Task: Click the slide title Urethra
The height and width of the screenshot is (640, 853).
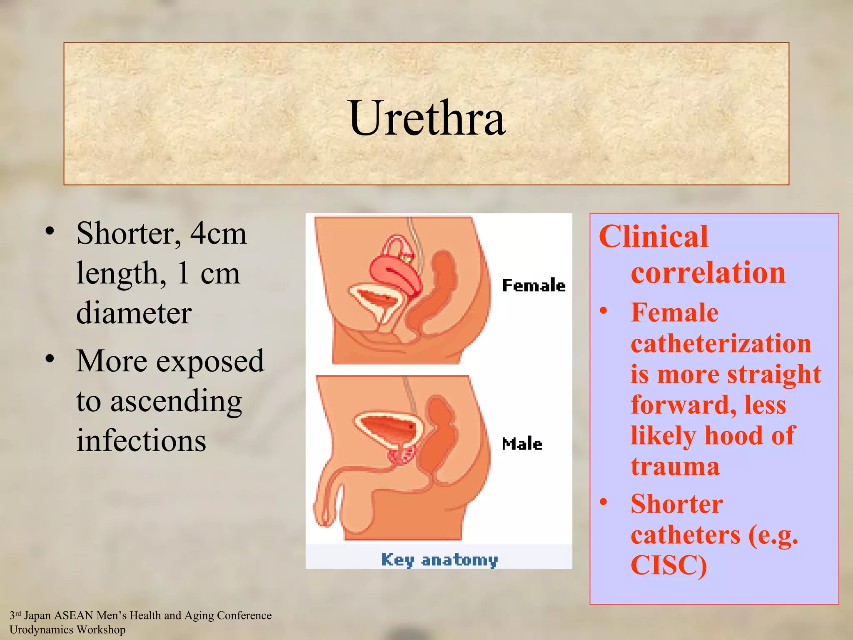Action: pyautogui.click(x=427, y=118)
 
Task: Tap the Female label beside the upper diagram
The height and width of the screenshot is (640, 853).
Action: pyautogui.click(x=534, y=285)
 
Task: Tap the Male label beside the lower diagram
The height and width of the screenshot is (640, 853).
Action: pyautogui.click(x=522, y=444)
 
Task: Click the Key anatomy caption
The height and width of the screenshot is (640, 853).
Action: pyautogui.click(x=439, y=560)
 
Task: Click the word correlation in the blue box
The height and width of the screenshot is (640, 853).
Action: pyautogui.click(x=708, y=272)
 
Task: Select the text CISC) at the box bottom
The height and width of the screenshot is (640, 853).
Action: pyautogui.click(x=668, y=565)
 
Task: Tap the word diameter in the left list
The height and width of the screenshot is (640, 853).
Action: pyautogui.click(x=134, y=313)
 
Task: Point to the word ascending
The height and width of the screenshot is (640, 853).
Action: pyautogui.click(x=176, y=401)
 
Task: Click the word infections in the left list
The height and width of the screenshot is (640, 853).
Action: pyautogui.click(x=141, y=441)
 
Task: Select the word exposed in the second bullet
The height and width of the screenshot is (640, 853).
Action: pyautogui.click(x=210, y=361)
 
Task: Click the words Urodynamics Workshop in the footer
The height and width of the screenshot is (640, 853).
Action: pyautogui.click(x=67, y=630)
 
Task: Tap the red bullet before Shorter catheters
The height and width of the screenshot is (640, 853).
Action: pyautogui.click(x=604, y=502)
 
